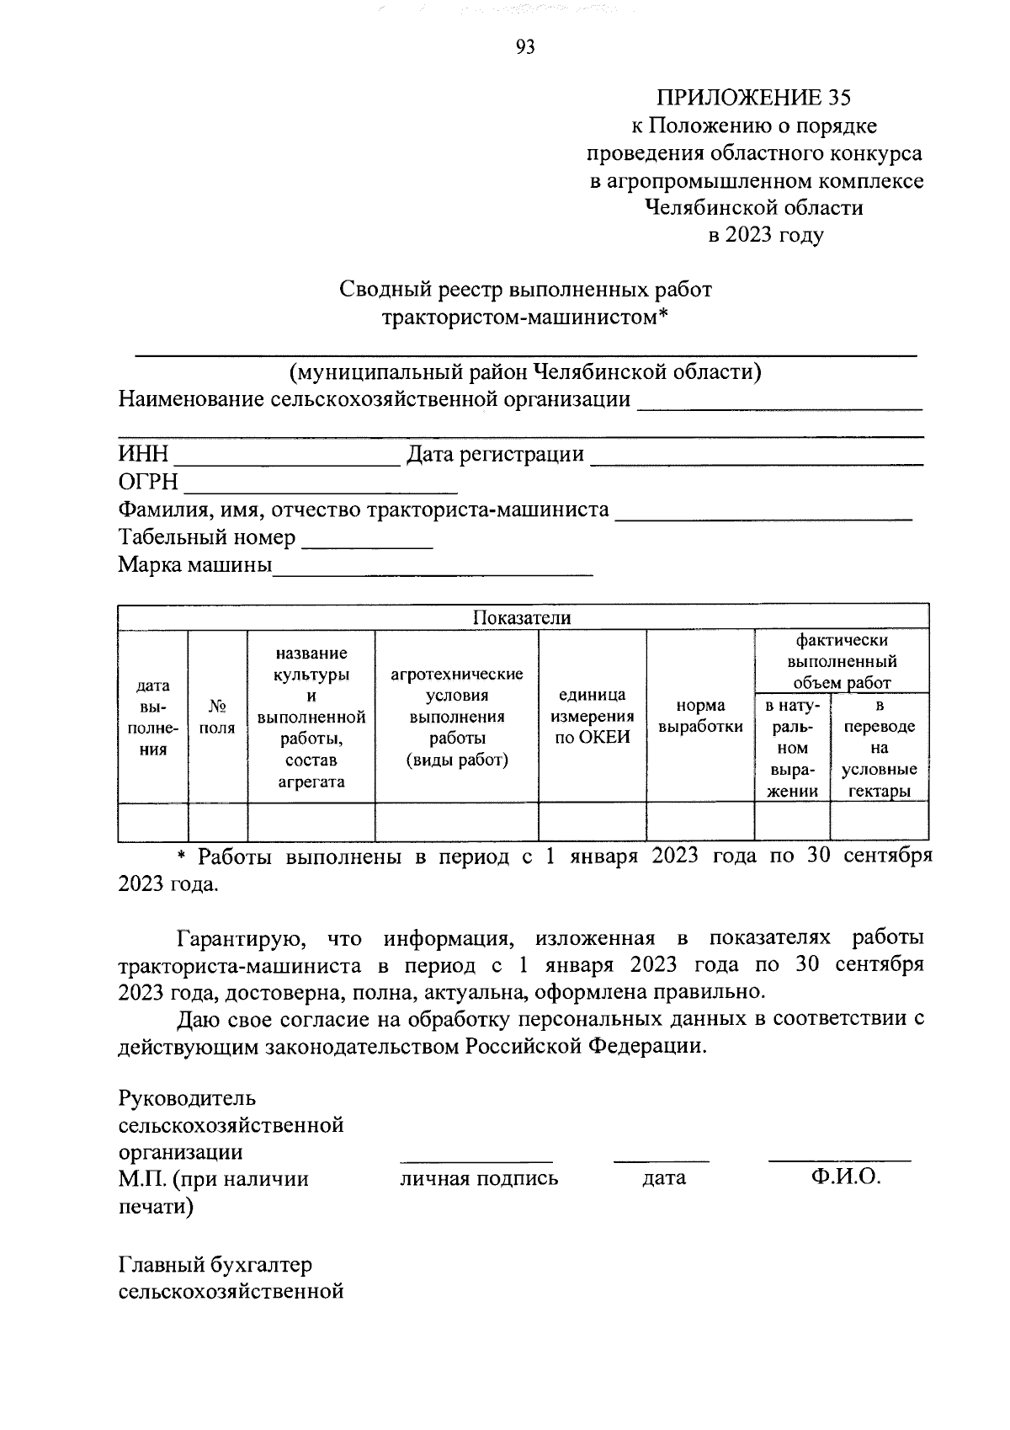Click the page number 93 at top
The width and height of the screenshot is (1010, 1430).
[x=524, y=47]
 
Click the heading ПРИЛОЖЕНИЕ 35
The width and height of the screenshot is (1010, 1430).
[x=753, y=98]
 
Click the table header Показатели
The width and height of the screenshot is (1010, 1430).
[x=522, y=617]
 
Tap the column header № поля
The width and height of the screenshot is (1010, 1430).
[x=217, y=717]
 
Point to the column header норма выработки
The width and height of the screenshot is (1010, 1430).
[x=700, y=717]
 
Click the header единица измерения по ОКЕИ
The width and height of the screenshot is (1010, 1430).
[x=592, y=717]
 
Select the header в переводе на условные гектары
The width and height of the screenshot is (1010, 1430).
[x=880, y=748]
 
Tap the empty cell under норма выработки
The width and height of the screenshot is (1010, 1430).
[x=700, y=822]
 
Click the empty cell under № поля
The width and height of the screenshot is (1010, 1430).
[x=217, y=822]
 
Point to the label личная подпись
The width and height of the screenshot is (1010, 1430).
[x=479, y=1178]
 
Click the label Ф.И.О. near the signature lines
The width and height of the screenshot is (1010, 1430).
[x=846, y=1177]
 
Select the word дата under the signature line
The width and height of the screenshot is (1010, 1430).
[x=663, y=1178]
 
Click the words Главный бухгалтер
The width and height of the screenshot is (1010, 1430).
[x=215, y=1265]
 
